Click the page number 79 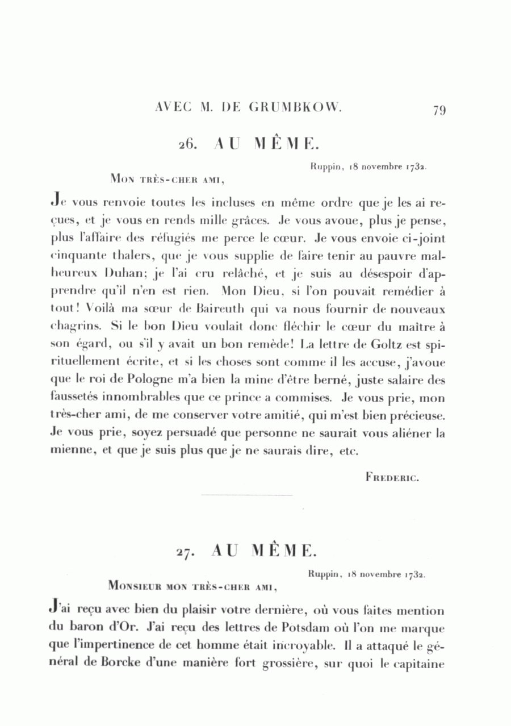coord(438,110)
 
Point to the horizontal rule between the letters coord(247,495)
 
